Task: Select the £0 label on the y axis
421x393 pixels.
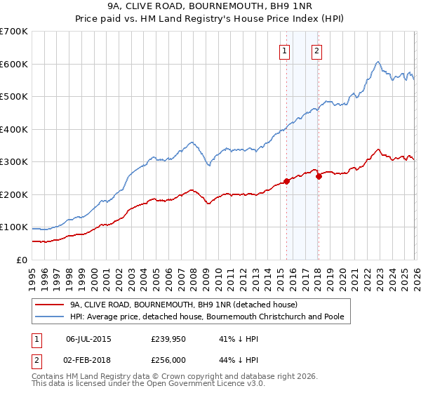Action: (x=21, y=260)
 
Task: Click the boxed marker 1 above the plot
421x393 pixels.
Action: (x=285, y=51)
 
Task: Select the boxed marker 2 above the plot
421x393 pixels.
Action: (x=317, y=51)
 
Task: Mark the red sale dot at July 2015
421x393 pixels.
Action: (x=286, y=181)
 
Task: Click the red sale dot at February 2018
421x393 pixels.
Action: (x=319, y=176)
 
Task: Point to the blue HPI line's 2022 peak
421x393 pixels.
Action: (x=377, y=62)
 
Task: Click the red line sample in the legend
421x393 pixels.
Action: (x=50, y=305)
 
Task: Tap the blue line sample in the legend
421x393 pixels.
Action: (x=50, y=317)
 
